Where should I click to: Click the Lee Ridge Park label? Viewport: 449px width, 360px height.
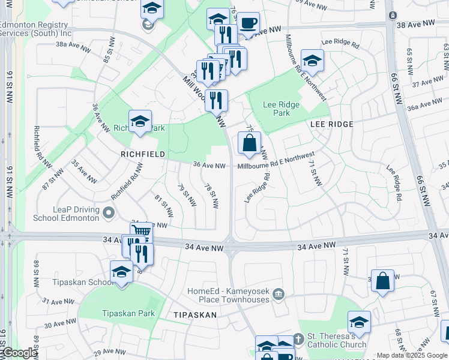281,109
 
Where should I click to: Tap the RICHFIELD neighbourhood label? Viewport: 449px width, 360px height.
143,154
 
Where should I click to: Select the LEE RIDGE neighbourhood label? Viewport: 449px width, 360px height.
331,124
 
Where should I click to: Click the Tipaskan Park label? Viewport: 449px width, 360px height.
128,313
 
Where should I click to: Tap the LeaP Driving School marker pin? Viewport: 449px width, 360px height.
109,212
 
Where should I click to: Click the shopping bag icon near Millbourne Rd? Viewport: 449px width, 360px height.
249,143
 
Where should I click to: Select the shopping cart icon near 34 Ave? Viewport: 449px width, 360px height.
141,230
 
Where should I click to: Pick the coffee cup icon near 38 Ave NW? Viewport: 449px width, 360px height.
247,24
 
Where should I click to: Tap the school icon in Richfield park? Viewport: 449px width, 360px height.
140,121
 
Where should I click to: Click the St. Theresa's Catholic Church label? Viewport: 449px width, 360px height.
336,340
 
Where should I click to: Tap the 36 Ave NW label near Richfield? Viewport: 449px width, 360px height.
209,166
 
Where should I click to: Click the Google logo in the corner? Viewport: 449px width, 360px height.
19,353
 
